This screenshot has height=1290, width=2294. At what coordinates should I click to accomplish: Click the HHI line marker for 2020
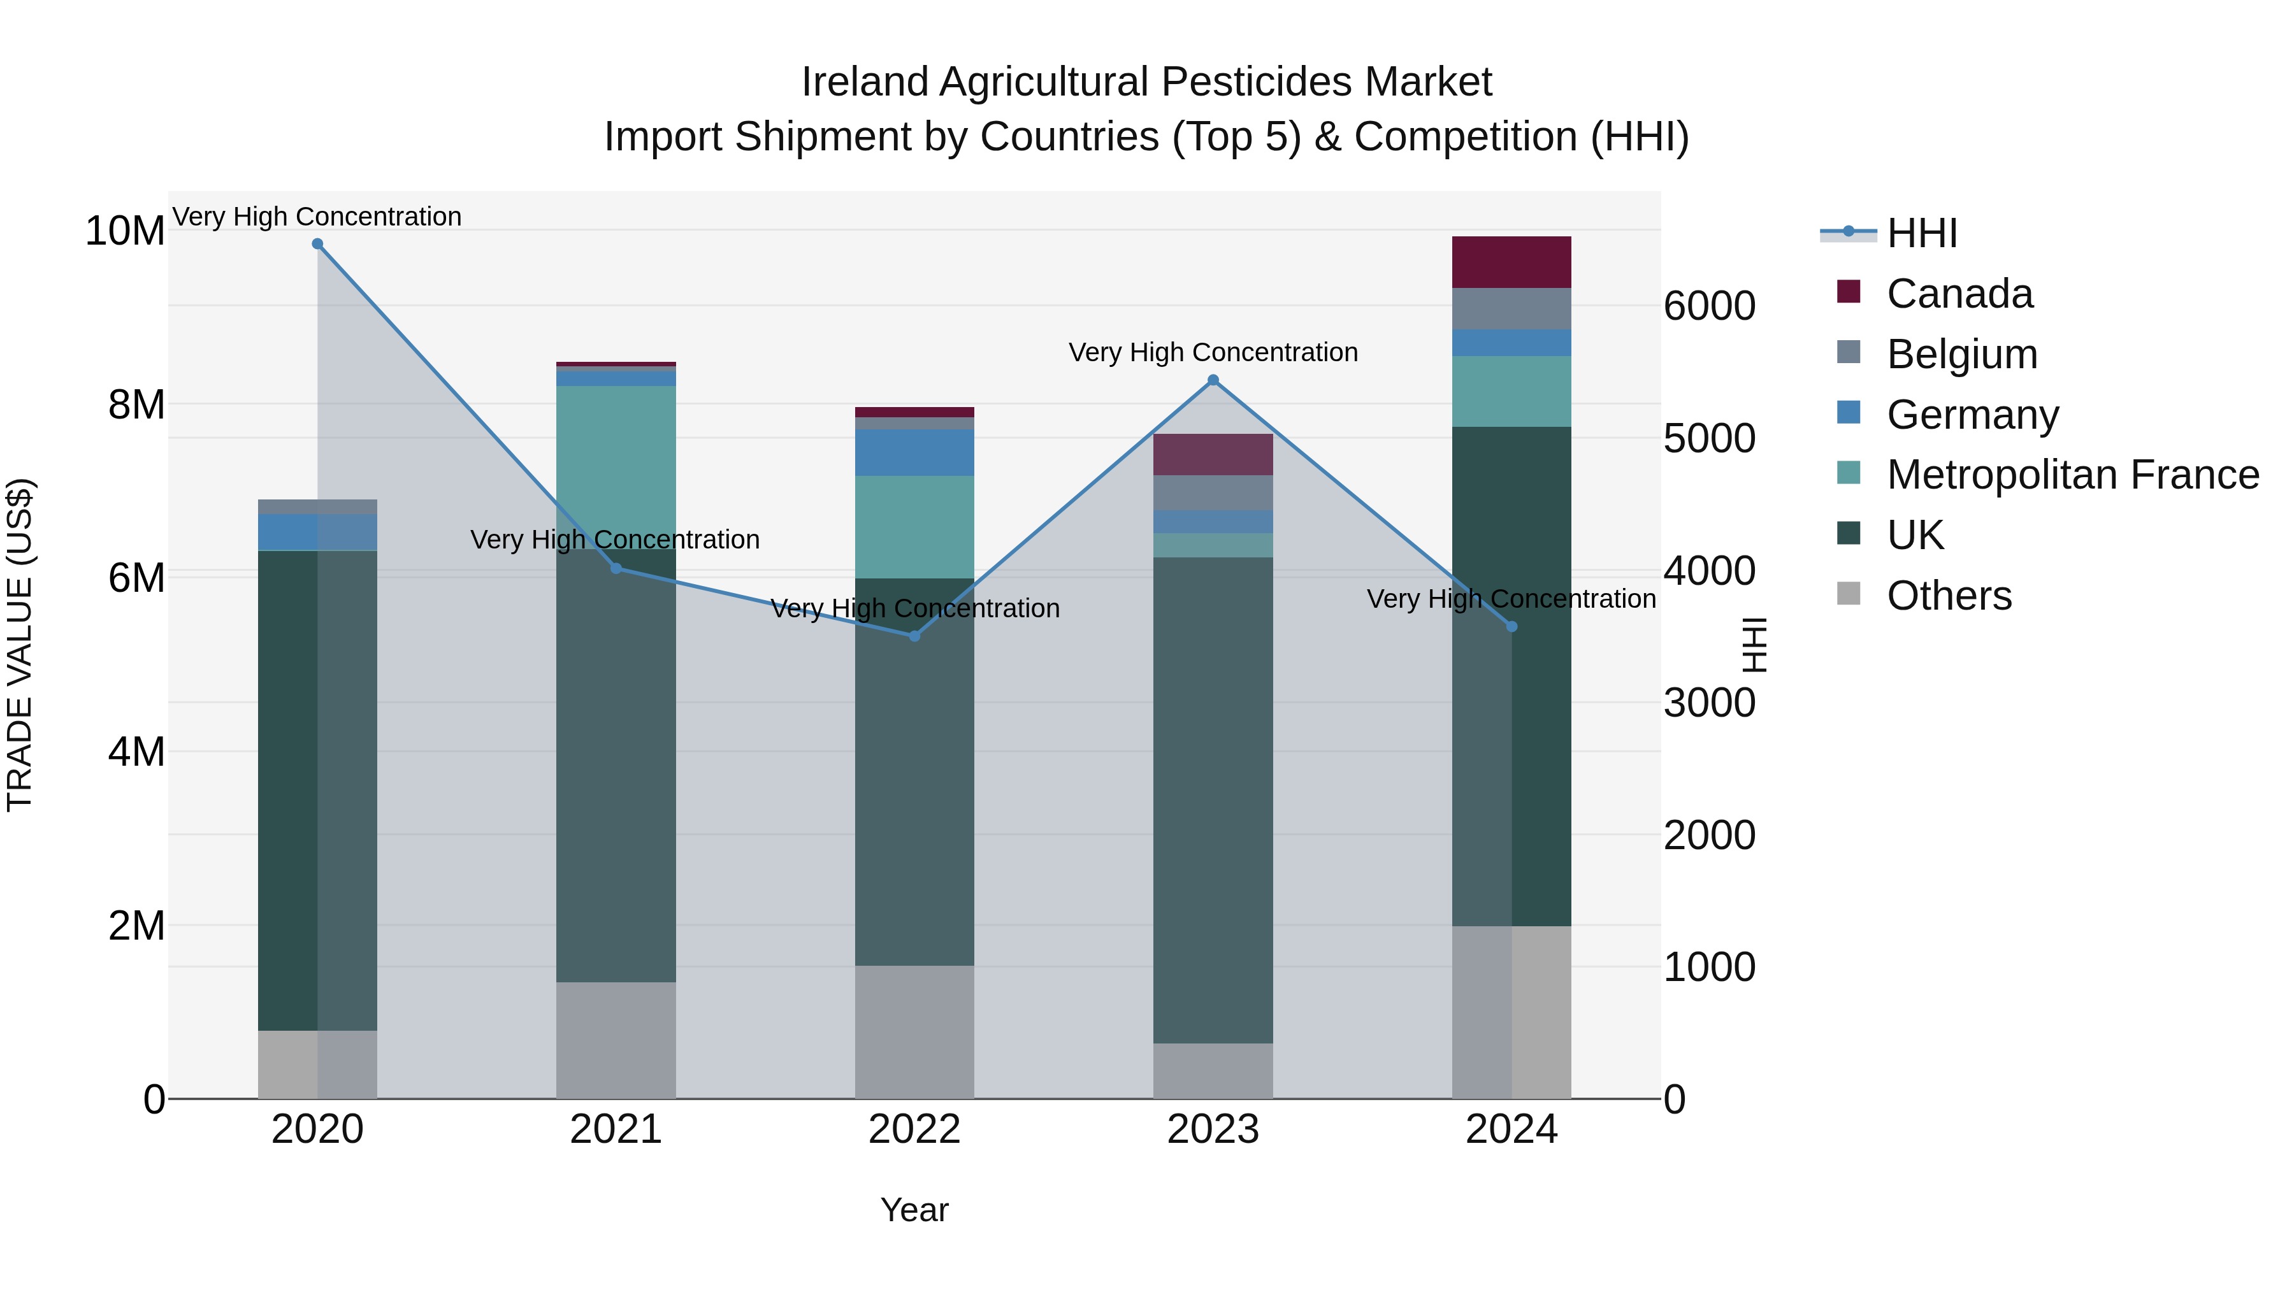click(x=317, y=244)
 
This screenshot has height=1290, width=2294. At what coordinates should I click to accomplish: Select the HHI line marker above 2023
click(x=1213, y=380)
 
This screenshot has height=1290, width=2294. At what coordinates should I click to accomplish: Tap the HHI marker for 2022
click(x=914, y=636)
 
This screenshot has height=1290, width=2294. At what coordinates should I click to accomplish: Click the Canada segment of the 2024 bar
click(x=1511, y=262)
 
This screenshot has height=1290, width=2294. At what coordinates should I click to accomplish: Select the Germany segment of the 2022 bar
click(x=914, y=452)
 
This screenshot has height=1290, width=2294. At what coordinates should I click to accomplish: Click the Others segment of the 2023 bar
click(x=1213, y=1070)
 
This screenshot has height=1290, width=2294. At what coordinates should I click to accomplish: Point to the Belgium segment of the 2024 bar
click(x=1511, y=309)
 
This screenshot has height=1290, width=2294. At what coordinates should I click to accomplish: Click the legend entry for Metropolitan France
click(x=2072, y=475)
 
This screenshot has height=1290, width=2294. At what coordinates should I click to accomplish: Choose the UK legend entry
click(x=1915, y=535)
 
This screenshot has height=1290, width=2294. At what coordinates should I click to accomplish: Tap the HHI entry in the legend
click(x=1922, y=233)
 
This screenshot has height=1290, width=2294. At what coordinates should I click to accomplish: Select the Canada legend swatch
click(x=1849, y=292)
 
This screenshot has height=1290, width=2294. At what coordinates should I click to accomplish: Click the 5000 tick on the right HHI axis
click(x=1709, y=438)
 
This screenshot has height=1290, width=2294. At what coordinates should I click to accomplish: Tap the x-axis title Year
click(x=914, y=1210)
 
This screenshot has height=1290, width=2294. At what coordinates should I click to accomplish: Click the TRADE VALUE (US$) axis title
click(x=20, y=645)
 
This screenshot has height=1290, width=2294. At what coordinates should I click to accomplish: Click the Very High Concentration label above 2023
click(x=1213, y=352)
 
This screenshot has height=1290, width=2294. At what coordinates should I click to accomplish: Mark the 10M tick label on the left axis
click(x=125, y=231)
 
